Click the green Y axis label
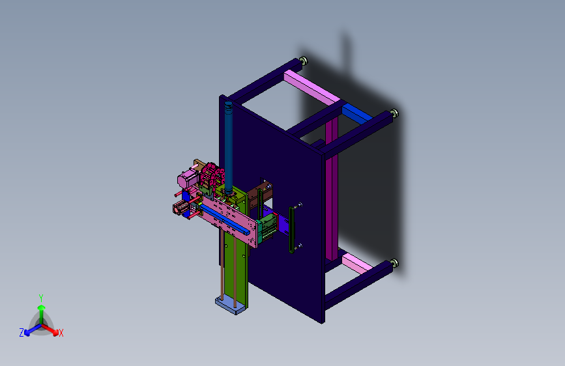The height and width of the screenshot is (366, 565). pos(41,298)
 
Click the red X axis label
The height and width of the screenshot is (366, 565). pos(61,333)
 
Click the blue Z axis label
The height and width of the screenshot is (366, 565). pos(22,333)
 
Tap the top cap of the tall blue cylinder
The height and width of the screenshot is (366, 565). pos(229,104)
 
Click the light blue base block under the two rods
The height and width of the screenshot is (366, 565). pos(231,306)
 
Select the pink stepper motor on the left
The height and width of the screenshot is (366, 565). pos(187,178)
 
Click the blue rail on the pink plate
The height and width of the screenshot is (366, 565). pos(226,218)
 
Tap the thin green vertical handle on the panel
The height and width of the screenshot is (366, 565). pos(291,230)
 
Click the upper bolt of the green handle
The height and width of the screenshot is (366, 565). pos(298,205)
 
